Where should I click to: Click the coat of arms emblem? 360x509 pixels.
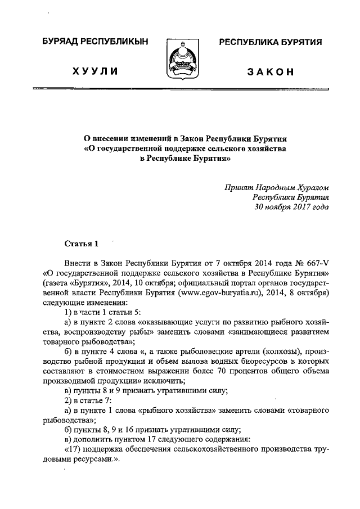179,58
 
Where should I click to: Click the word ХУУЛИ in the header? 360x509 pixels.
98,72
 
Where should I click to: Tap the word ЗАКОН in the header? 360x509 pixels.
270,72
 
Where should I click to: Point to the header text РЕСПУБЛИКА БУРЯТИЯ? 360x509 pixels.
270,42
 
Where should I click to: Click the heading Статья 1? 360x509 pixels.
82,243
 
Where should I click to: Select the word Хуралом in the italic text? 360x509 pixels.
310,187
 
